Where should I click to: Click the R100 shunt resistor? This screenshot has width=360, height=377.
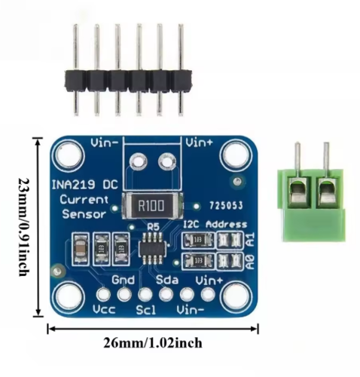(x=152, y=205)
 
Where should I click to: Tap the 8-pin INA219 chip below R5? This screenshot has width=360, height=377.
(x=152, y=248)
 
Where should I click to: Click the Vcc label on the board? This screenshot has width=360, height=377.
(x=104, y=310)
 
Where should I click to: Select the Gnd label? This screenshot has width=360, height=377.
(x=124, y=280)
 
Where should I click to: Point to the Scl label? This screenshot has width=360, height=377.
(x=146, y=310)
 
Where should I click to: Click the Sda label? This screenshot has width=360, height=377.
(x=167, y=280)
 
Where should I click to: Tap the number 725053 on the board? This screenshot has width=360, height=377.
(x=226, y=206)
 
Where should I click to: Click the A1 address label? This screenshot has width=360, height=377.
(x=251, y=240)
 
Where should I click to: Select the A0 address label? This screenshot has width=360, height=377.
(x=251, y=262)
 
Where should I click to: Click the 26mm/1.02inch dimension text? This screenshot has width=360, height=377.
(x=153, y=343)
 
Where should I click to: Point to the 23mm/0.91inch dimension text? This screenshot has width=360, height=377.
(x=24, y=227)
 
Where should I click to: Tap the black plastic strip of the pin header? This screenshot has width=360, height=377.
(x=129, y=80)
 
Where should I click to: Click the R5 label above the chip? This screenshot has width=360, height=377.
(x=153, y=227)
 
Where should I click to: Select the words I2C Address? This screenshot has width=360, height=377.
(x=215, y=225)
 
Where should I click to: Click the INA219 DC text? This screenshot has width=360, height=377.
(x=84, y=185)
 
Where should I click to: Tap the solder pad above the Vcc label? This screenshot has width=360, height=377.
(x=103, y=294)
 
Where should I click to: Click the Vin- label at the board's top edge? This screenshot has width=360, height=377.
(x=105, y=143)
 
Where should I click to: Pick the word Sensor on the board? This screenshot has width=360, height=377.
(x=84, y=214)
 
